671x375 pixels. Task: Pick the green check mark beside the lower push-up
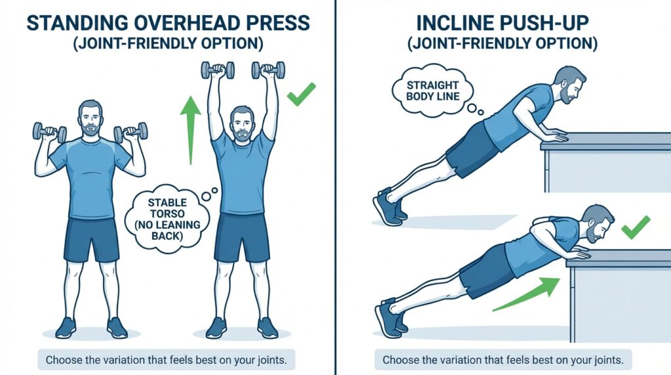635,227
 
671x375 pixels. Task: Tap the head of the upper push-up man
567,85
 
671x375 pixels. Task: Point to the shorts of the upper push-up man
472,149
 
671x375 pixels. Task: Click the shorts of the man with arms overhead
243,237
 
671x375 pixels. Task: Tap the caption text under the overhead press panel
167,360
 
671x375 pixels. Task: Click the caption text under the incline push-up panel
503,360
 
